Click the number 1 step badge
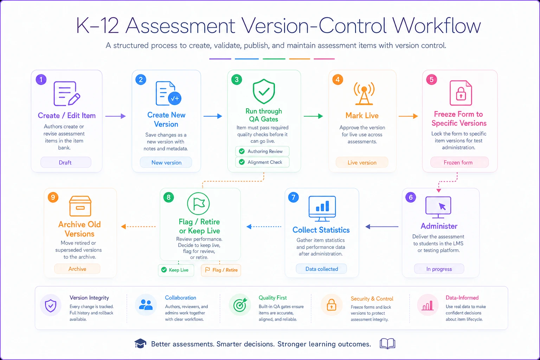41,79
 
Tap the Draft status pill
66,162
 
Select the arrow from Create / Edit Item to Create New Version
115,116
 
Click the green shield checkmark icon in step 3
264,91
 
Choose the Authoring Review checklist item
262,151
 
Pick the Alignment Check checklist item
262,162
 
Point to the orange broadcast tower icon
364,93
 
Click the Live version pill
362,162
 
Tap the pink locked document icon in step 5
461,93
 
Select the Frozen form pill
459,162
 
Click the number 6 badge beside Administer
411,197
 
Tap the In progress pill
439,269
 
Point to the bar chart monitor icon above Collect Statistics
322,208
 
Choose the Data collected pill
321,269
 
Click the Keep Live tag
176,270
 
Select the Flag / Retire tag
221,270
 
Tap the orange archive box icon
80,206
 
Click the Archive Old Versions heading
79,229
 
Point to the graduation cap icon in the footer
140,343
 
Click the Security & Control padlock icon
332,305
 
